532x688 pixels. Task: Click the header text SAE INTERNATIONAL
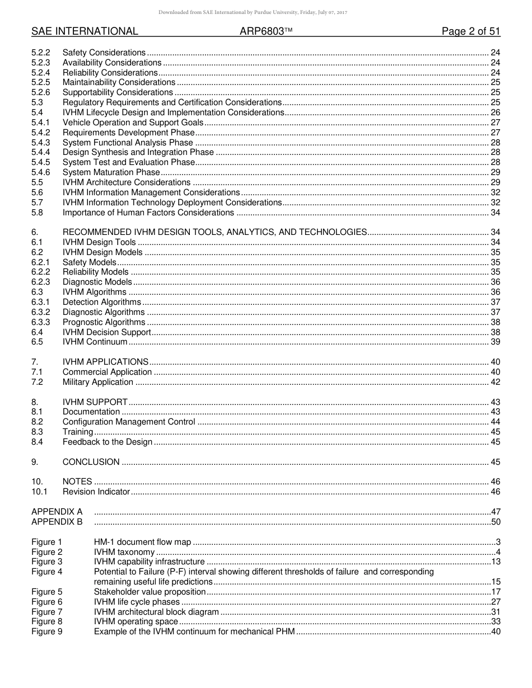[x=85, y=32]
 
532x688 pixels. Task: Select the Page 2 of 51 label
[x=470, y=32]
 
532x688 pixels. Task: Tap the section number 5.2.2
[x=40, y=53]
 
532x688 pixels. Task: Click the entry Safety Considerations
[x=104, y=53]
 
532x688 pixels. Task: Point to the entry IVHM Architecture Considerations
[x=127, y=182]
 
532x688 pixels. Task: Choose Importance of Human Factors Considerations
[x=148, y=213]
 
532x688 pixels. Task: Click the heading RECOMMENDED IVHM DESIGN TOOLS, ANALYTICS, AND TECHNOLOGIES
[x=214, y=232]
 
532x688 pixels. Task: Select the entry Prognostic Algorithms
[x=104, y=322]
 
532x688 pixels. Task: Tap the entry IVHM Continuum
[x=95, y=342]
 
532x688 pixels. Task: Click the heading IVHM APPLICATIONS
[x=105, y=362]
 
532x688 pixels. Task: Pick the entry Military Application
[x=97, y=382]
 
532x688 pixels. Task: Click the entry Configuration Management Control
[x=129, y=422]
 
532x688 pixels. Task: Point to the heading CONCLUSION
[x=91, y=462]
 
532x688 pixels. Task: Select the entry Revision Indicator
[x=96, y=492]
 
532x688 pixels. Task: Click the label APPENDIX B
[x=57, y=522]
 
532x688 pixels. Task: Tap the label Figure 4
[x=46, y=572]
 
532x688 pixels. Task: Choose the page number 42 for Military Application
[x=495, y=382]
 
